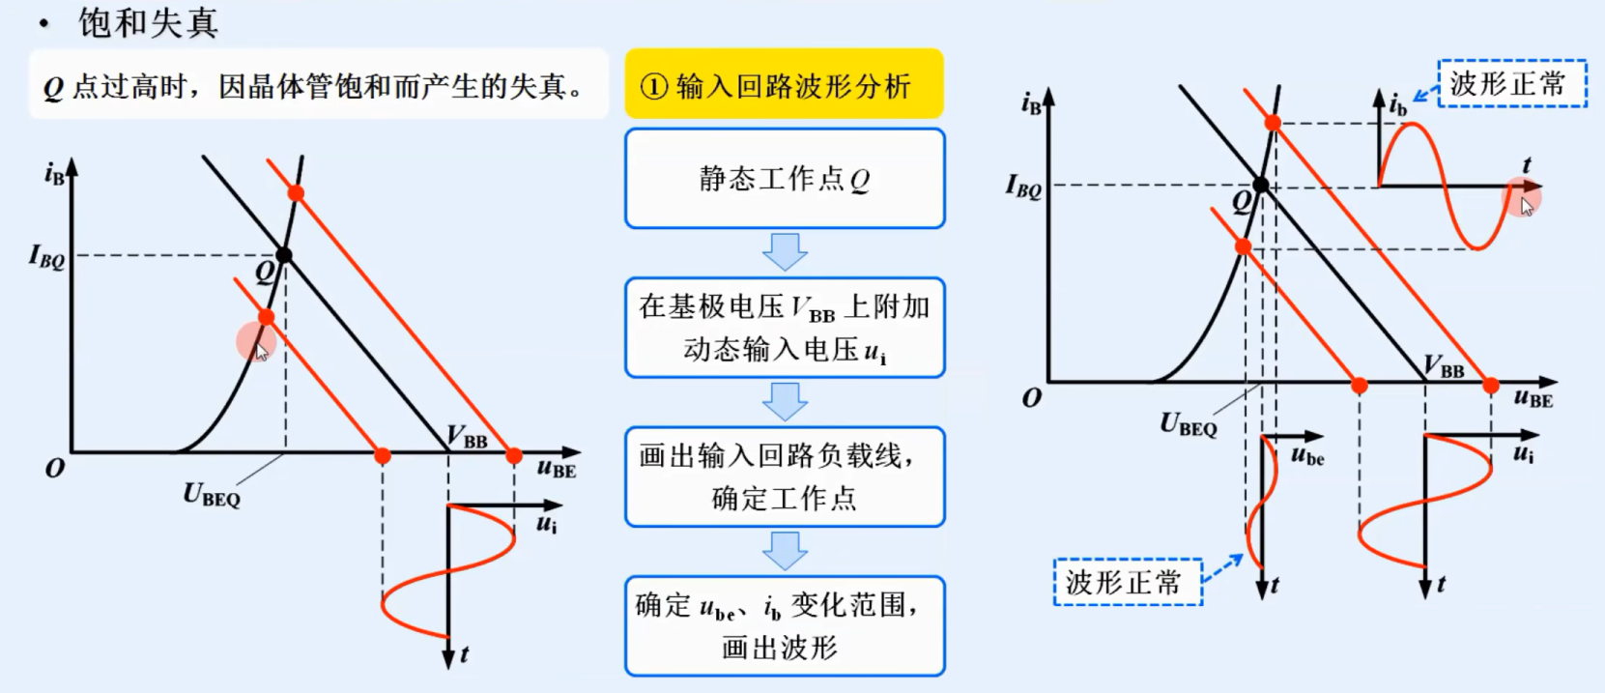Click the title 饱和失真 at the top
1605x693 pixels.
tap(148, 23)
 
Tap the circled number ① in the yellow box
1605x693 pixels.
tap(654, 87)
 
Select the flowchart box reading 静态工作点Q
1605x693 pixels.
tap(784, 179)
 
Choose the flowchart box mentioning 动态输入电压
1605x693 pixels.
tap(784, 328)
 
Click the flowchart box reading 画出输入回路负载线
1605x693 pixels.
tap(784, 476)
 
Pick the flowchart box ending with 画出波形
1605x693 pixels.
tap(784, 626)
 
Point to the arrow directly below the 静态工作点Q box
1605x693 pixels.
tap(785, 251)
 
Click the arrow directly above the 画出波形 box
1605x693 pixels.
tap(785, 550)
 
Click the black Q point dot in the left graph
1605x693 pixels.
tap(283, 255)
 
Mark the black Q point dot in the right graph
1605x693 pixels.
tap(1261, 185)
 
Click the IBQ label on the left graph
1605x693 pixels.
tap(46, 256)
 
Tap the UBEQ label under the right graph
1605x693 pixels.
tap(1188, 424)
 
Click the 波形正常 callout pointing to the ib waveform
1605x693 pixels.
tap(1511, 84)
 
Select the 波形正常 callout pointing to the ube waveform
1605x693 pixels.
tap(1127, 582)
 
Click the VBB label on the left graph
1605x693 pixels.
tap(468, 438)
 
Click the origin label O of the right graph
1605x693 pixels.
tap(1032, 398)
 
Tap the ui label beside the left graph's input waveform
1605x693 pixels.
tap(547, 524)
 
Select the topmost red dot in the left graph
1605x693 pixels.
tap(296, 193)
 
